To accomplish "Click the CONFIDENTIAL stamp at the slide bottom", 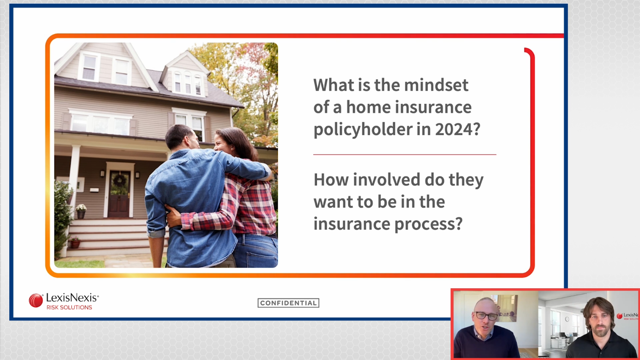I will tap(288, 303).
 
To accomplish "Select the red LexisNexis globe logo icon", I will tap(36, 300).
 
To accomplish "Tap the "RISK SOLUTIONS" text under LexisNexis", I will tap(69, 307).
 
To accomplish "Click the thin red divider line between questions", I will tap(404, 154).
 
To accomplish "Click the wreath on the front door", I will tap(120, 180).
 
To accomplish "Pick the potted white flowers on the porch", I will tap(81, 208).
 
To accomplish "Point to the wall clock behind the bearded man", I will tap(567, 319).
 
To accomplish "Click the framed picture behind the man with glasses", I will tap(506, 308).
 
